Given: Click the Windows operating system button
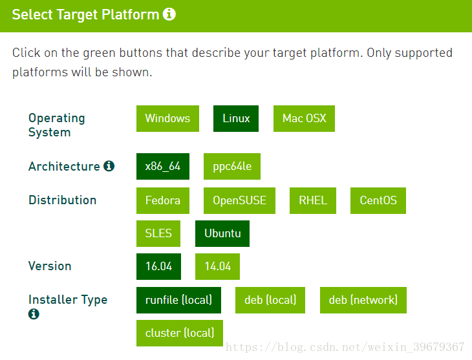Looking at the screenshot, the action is pos(167,118).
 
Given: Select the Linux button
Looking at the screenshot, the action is pos(236,118).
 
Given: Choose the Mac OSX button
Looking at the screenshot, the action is pos(304,118).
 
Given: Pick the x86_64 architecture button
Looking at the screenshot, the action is pos(163,167).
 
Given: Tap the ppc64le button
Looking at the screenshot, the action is pos(232,167).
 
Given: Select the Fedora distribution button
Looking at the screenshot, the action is pos(163,201).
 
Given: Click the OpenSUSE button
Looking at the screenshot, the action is pos(240,201).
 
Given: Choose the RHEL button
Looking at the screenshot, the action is pos(313,201).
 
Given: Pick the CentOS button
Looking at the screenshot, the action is pos(378,201).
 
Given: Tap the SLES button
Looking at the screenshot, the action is pos(158,233).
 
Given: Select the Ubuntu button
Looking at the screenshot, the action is pos(222,233).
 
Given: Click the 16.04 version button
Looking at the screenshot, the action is pos(158,267).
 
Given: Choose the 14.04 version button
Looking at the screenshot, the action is pos(218,267).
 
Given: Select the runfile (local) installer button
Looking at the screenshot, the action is pos(179,300).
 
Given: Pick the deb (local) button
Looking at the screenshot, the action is pos(270,300).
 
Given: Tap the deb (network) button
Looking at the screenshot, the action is pos(363,300).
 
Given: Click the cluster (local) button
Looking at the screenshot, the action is pos(180,334).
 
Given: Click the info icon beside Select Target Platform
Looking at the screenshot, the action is pos(169,14).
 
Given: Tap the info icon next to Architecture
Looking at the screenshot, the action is pos(109,166).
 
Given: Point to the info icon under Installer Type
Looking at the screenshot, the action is pos(34,314).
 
